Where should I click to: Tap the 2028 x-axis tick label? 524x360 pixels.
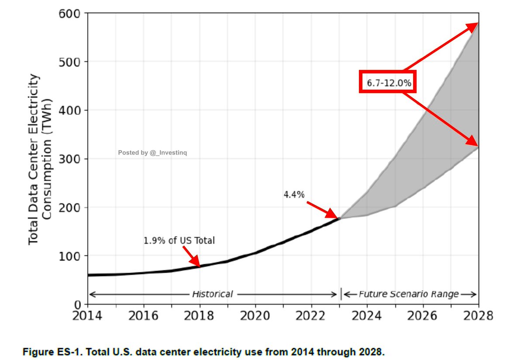478,315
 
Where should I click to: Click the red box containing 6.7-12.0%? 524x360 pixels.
387,82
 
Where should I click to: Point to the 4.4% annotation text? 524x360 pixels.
294,195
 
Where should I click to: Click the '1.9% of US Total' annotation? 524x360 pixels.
179,240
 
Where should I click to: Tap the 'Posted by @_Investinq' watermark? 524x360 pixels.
152,153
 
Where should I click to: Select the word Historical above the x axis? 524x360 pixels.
212,294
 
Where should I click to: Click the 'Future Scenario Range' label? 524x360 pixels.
409,294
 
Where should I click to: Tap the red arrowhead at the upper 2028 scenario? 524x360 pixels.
473,26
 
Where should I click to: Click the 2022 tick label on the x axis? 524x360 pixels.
311,315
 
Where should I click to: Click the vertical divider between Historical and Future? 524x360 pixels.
341,294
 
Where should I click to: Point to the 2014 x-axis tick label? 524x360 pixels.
88,315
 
